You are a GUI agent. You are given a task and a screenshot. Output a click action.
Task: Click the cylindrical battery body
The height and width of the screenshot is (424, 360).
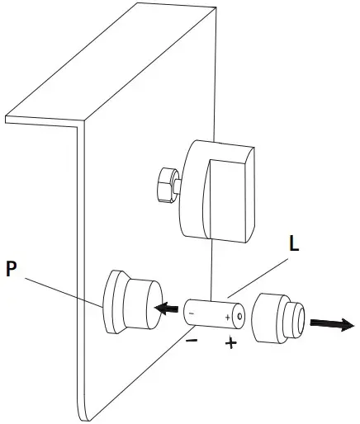[x=211, y=314]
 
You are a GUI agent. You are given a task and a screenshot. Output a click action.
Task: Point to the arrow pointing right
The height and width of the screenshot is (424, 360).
[x=333, y=323]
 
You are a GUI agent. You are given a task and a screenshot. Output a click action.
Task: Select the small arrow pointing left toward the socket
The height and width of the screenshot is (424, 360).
[x=168, y=309]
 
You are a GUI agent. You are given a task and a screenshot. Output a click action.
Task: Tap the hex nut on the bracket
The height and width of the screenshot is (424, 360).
[x=164, y=184]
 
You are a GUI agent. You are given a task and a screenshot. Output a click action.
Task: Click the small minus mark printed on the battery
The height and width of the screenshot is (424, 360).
[x=192, y=313]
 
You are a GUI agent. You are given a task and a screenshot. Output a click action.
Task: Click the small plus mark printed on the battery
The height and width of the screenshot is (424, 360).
[x=228, y=316]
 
